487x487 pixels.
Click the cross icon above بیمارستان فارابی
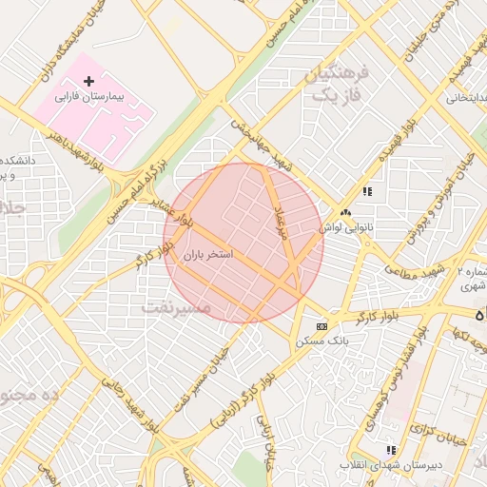[88, 83]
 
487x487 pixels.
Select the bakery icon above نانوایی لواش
[345, 214]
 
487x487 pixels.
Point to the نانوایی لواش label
[343, 228]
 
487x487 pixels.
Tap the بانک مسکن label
[322, 339]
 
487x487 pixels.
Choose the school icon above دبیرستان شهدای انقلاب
[389, 450]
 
